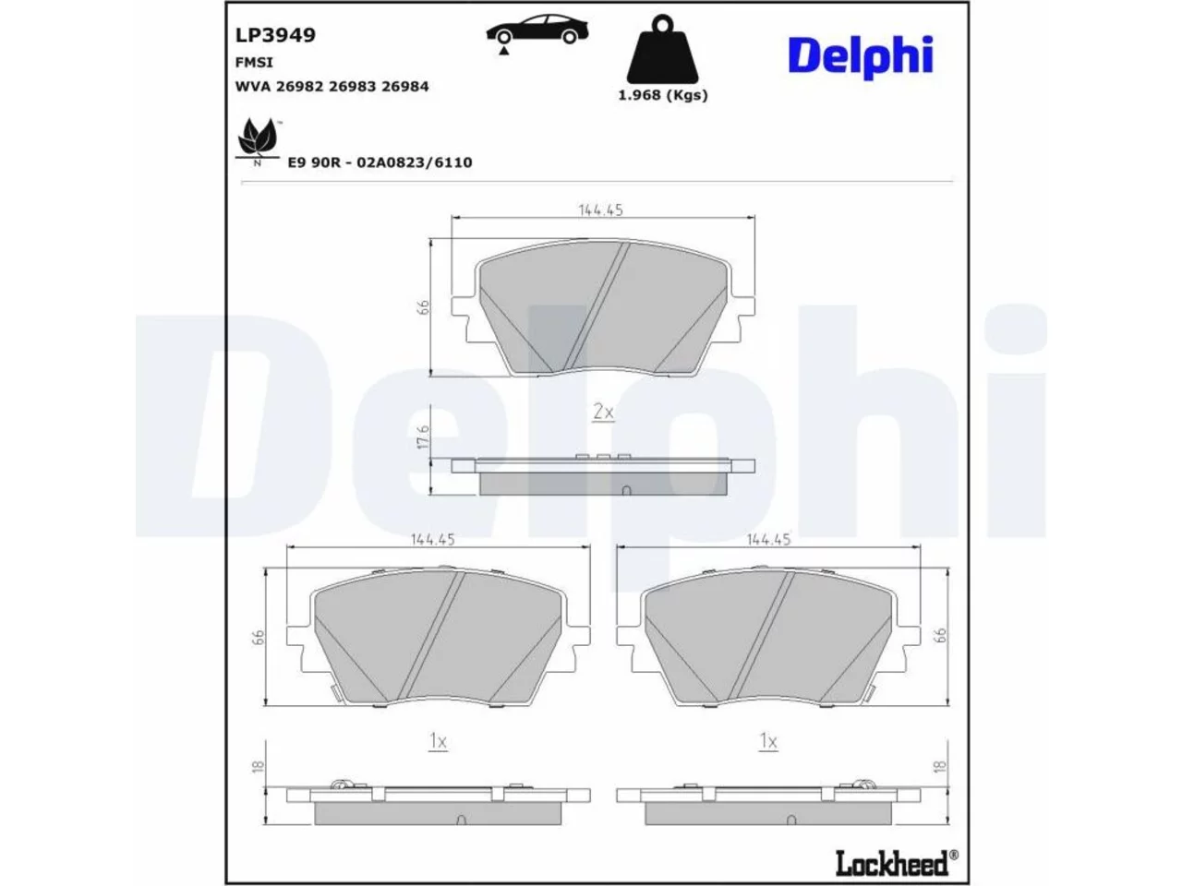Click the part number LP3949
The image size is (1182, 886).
pos(275,35)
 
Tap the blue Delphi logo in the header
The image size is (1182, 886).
pos(860,57)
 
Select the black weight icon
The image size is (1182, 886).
pos(662,48)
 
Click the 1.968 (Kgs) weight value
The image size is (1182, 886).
pos(662,95)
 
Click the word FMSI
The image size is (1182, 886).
pos(254,63)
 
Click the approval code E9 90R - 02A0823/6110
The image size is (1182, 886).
pos(380,162)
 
